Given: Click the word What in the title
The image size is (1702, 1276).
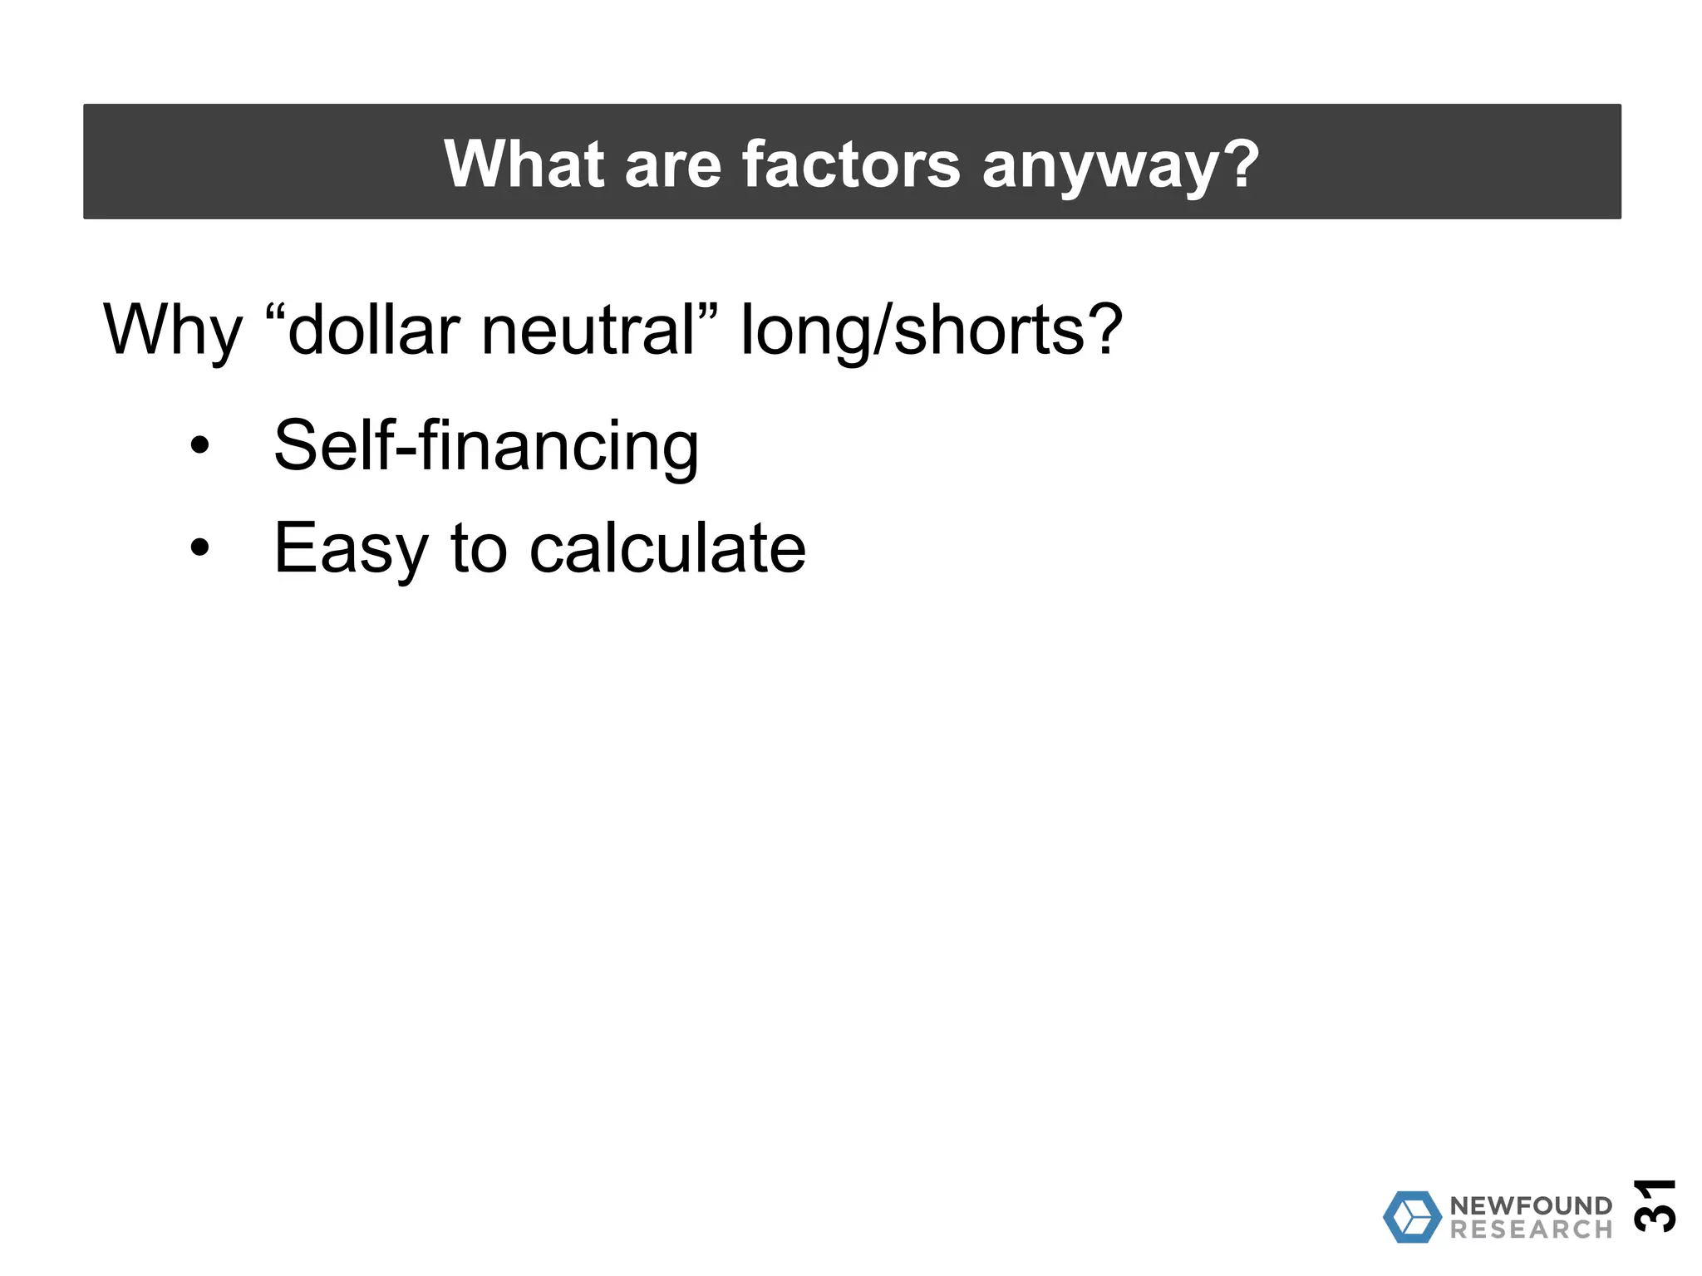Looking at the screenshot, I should pos(524,164).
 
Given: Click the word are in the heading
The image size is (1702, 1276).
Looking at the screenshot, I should pos(672,165).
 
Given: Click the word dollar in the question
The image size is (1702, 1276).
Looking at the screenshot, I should pos(373,330).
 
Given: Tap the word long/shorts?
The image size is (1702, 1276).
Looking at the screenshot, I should pos(931,331).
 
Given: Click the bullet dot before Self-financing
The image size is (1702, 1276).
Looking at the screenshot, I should pos(199,445).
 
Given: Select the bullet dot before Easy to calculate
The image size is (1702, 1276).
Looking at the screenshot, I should pos(199,547).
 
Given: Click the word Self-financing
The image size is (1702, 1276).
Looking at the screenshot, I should pos(486,446).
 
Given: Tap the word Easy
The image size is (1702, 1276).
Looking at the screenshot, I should pos(350,548).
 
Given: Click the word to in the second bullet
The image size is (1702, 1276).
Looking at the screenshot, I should pos(479,548).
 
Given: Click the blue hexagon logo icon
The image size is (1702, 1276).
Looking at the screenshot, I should pos(1411,1217).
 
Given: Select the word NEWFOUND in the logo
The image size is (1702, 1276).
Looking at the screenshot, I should pos(1531,1205).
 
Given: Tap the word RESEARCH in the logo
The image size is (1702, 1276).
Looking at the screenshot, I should pos(1531,1229).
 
